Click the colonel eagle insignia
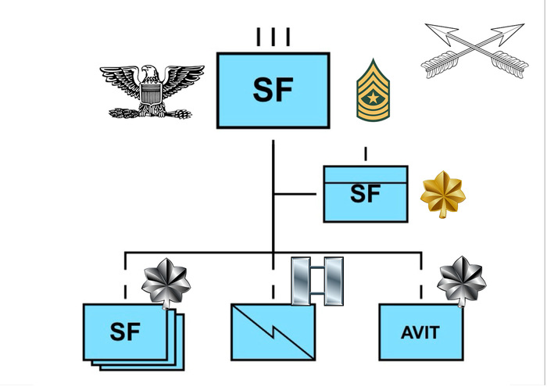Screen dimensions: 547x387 (152, 91)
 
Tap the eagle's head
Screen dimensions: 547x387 (150, 72)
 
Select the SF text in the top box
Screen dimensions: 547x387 (273, 90)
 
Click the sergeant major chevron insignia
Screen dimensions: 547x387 (373, 91)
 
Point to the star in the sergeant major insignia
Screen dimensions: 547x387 (373, 98)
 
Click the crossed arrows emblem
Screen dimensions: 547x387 (474, 51)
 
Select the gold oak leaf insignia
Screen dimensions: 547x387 (443, 195)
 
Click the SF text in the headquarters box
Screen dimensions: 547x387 (365, 194)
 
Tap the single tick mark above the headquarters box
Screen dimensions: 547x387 (366, 154)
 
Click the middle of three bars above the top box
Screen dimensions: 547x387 (273, 37)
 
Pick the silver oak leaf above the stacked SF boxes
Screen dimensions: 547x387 (166, 284)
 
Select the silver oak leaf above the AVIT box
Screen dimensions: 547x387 (462, 282)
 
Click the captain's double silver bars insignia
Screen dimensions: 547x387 (317, 281)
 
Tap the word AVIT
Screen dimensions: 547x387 (420, 332)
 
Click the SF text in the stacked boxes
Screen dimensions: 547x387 (125, 331)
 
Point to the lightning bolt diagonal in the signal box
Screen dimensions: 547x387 (273, 332)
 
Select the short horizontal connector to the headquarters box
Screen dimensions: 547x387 (295, 194)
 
